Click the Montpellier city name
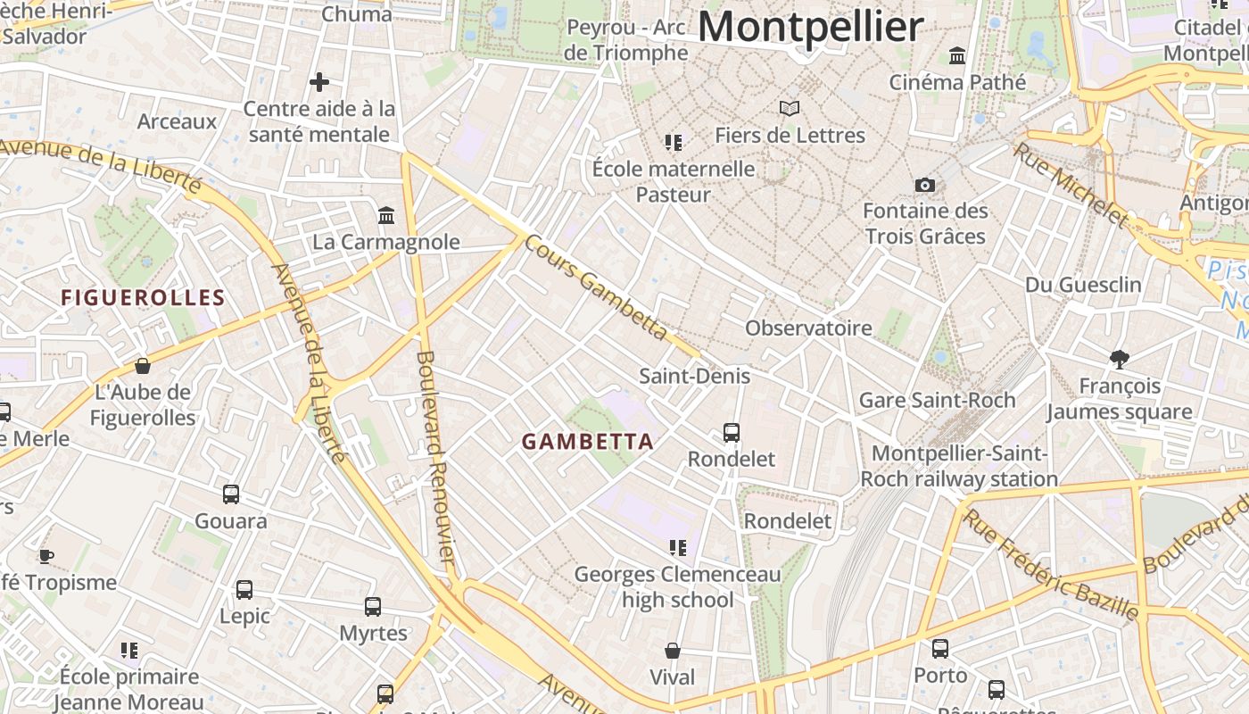pyautogui.click(x=810, y=27)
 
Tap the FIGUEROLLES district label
pyautogui.click(x=143, y=297)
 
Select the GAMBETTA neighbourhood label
pyautogui.click(x=588, y=441)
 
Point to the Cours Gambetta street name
pyautogui.click(x=595, y=286)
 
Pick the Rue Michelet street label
pyautogui.click(x=1070, y=185)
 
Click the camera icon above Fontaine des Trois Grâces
pyautogui.click(x=925, y=185)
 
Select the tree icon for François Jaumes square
pyautogui.click(x=1120, y=359)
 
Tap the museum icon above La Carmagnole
pyautogui.click(x=386, y=215)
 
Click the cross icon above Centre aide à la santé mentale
pyautogui.click(x=319, y=82)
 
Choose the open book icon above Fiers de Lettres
pyautogui.click(x=790, y=108)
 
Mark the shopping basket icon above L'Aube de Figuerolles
pyautogui.click(x=142, y=366)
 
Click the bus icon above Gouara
pyautogui.click(x=231, y=494)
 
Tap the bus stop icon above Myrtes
pyautogui.click(x=373, y=607)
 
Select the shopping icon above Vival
pyautogui.click(x=673, y=651)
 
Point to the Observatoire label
pyautogui.click(x=808, y=328)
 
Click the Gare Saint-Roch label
pyautogui.click(x=937, y=400)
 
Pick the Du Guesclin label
pyautogui.click(x=1083, y=285)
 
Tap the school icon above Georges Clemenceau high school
pyautogui.click(x=677, y=547)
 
